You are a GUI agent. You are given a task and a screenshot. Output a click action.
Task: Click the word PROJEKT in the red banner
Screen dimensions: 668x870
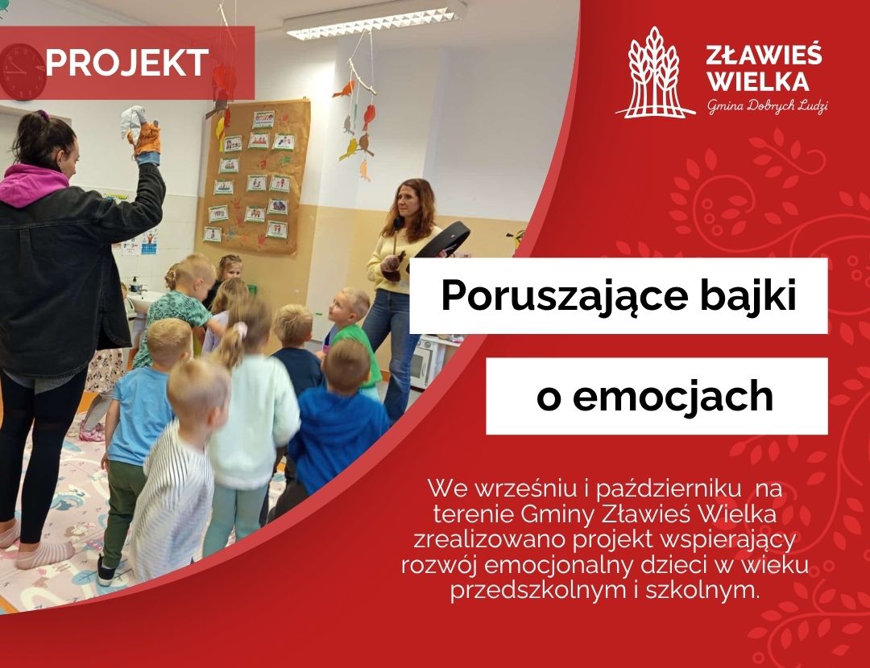click(127, 63)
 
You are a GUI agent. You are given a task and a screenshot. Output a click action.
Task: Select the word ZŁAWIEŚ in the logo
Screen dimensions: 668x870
click(764, 56)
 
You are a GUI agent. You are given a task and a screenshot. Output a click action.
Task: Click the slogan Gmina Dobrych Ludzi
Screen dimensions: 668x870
click(767, 107)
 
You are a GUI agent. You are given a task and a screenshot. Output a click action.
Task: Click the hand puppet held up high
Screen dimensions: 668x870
click(142, 133)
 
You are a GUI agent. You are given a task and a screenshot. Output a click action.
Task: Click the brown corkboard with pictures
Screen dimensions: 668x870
click(254, 173)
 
